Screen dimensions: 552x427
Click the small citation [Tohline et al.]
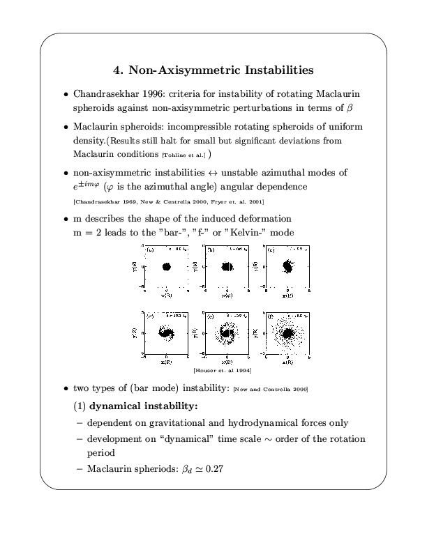(186, 154)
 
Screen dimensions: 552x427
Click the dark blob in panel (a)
(166, 266)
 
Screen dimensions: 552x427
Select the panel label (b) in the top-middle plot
(211, 248)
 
